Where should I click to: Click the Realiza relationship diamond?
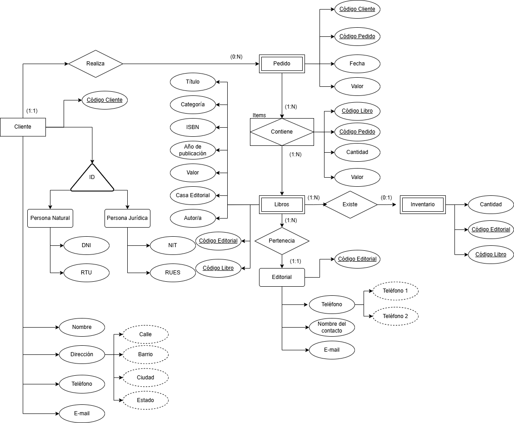point(95,64)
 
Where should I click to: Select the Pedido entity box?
point(282,64)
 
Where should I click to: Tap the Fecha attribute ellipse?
point(357,64)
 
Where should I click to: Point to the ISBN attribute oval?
point(193,127)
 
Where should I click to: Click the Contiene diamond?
point(282,132)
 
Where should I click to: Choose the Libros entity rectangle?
point(282,204)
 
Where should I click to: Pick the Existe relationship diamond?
point(350,204)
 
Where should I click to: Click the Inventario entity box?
point(423,204)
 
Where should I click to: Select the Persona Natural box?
point(50,218)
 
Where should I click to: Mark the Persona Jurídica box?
point(127,218)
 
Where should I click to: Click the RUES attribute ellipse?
point(173,273)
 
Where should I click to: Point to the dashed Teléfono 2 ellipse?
point(395,316)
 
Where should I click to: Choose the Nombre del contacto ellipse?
point(332,327)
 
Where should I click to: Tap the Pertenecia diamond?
point(282,240)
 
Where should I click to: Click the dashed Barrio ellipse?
point(145,354)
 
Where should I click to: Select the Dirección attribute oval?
point(82,354)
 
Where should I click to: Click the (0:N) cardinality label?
point(236,57)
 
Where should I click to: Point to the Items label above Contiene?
point(259,115)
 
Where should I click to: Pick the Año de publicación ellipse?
point(193,150)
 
